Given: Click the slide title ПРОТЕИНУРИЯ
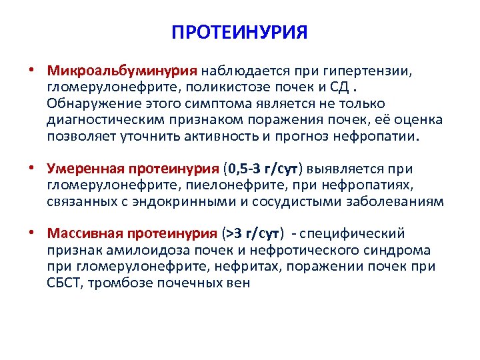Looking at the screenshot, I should click(x=239, y=33).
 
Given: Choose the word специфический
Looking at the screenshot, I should click(x=357, y=233).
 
